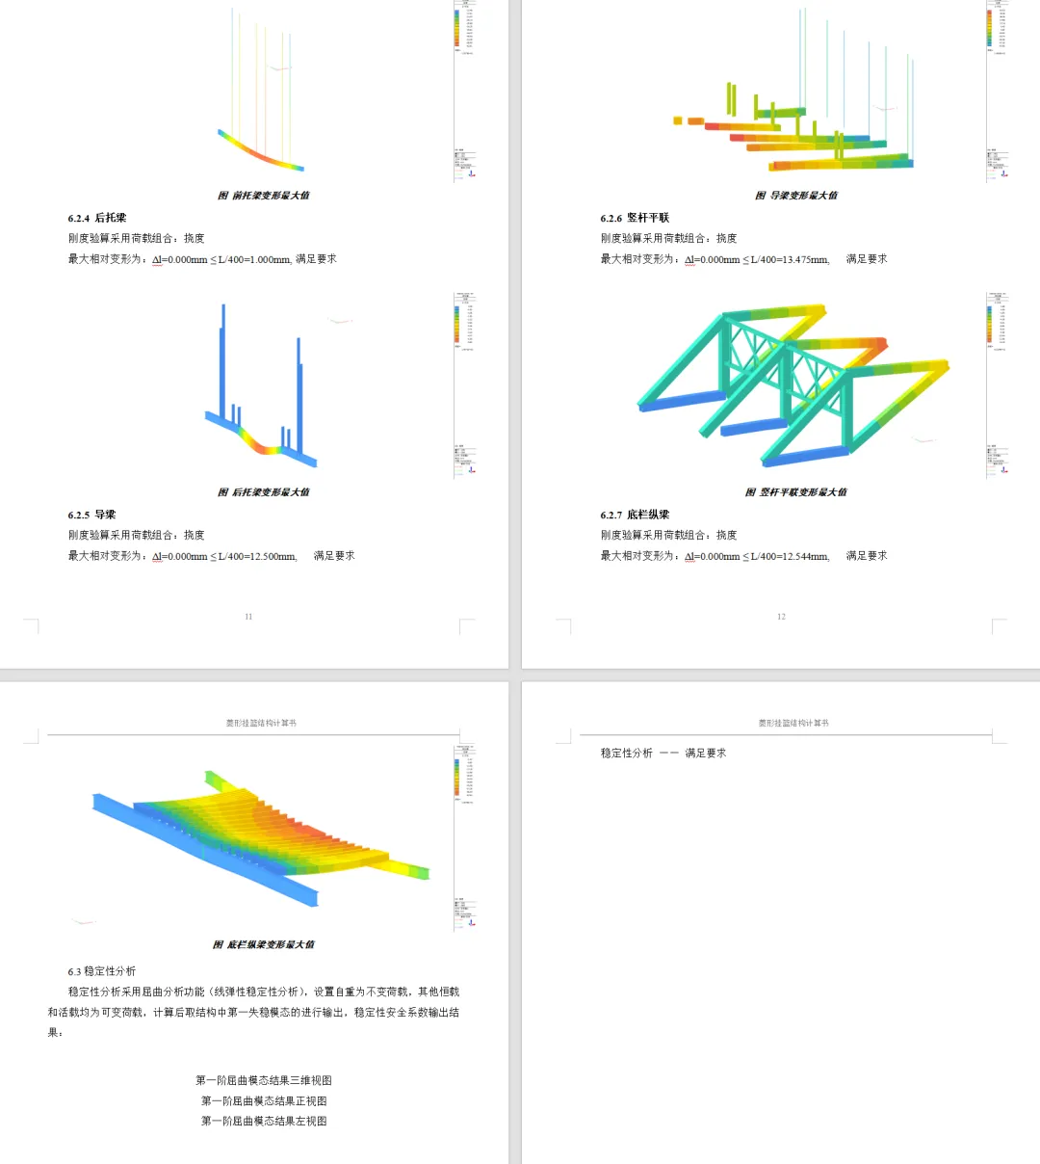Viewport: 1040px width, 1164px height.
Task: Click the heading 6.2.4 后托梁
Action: click(97, 218)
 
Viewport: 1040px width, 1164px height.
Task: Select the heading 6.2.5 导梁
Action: click(91, 515)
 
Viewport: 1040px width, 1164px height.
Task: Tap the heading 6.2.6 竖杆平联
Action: click(635, 218)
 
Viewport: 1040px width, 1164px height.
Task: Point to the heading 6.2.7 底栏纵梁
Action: click(635, 515)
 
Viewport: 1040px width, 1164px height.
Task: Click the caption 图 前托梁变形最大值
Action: click(264, 196)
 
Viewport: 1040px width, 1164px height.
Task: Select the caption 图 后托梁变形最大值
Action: click(264, 492)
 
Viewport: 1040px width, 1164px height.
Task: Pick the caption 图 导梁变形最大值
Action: click(796, 196)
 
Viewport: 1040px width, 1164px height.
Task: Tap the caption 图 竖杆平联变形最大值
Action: click(796, 492)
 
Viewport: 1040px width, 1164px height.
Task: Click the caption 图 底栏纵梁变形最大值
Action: click(264, 944)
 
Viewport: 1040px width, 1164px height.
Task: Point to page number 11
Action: click(248, 617)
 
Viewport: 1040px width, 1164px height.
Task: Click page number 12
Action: click(781, 617)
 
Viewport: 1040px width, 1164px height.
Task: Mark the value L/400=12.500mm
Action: click(257, 556)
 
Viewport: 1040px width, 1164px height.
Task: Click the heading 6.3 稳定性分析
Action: click(102, 971)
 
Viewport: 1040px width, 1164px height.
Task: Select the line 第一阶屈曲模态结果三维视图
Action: click(264, 1080)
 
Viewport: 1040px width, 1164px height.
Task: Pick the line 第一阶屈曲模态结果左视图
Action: click(264, 1121)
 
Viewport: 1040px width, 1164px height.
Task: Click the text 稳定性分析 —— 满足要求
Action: click(663, 754)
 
